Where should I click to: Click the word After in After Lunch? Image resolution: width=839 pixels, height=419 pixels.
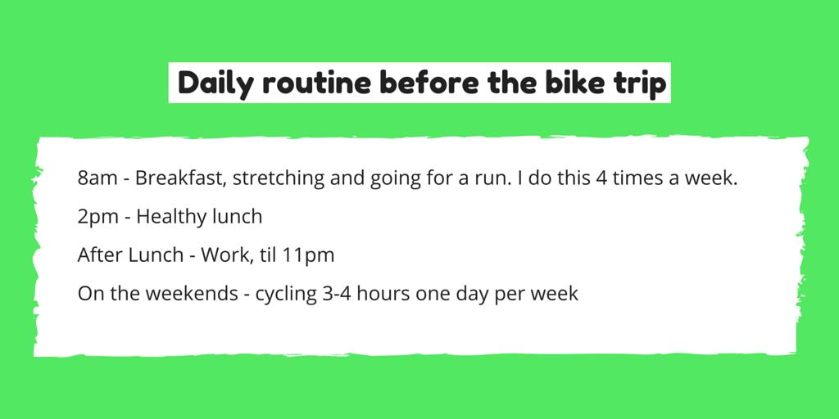pyautogui.click(x=100, y=255)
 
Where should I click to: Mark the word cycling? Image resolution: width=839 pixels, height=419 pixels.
pyautogui.click(x=286, y=295)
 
